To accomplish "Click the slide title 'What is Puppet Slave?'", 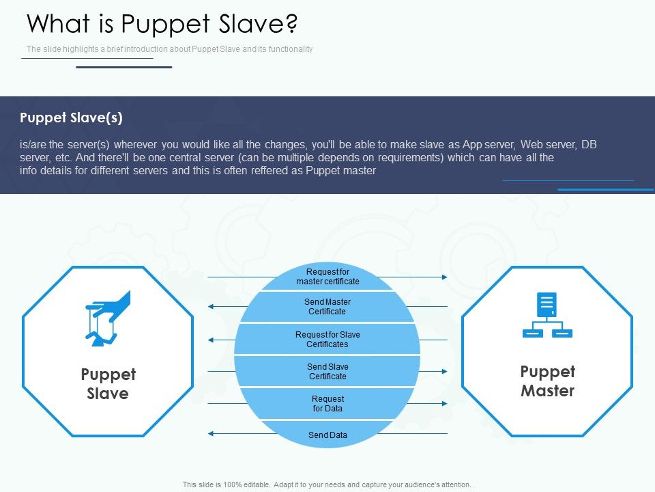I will [x=162, y=24].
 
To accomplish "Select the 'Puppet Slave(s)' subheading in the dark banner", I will [x=72, y=118].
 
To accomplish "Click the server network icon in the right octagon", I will [x=547, y=315].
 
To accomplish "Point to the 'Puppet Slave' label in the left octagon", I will [x=108, y=384].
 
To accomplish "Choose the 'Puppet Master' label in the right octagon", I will [x=547, y=381].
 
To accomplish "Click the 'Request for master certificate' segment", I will [x=327, y=277].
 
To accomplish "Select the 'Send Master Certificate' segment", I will [x=327, y=307].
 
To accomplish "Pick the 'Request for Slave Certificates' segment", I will [x=327, y=340].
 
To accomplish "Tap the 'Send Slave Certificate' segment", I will [x=327, y=372].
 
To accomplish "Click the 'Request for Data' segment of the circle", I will [x=327, y=404].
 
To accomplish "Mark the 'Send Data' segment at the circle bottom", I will [x=327, y=435].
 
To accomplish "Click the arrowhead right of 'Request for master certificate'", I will [x=445, y=277].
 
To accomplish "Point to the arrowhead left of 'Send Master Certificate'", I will [x=211, y=307].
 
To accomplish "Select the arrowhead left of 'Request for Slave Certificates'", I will [x=211, y=340].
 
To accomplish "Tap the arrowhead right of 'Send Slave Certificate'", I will [x=445, y=372].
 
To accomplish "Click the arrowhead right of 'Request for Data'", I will [x=445, y=404].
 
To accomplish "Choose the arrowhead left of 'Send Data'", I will [x=211, y=434].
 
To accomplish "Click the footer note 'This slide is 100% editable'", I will [x=327, y=484].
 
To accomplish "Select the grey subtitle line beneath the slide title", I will [x=169, y=49].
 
